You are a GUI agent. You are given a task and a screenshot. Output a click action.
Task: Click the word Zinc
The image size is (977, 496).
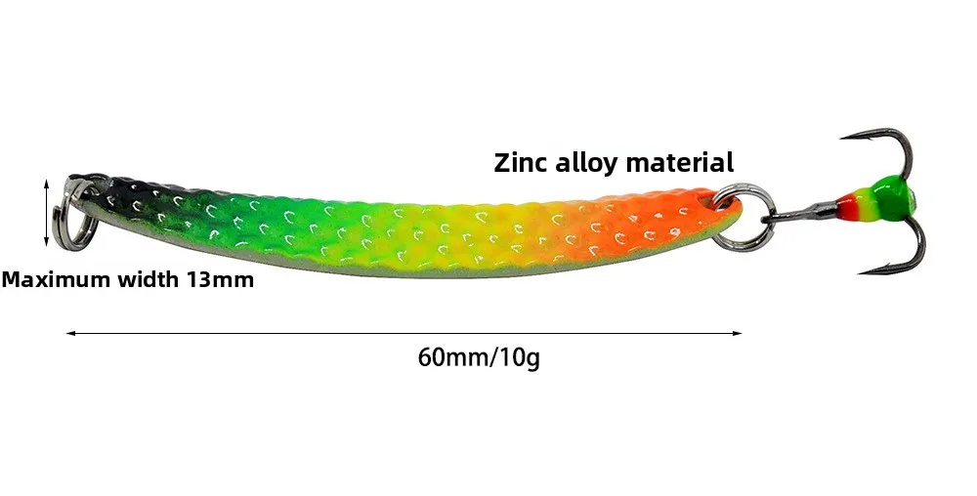pyautogui.click(x=523, y=162)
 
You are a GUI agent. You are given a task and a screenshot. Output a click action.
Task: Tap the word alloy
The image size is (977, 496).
pyautogui.click(x=587, y=162)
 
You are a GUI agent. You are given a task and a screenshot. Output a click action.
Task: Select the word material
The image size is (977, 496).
pyautogui.click(x=679, y=162)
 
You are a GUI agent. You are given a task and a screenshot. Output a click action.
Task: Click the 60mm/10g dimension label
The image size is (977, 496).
pyautogui.click(x=479, y=357)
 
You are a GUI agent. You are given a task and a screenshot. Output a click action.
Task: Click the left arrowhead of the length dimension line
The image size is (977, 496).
pyautogui.click(x=69, y=334)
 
